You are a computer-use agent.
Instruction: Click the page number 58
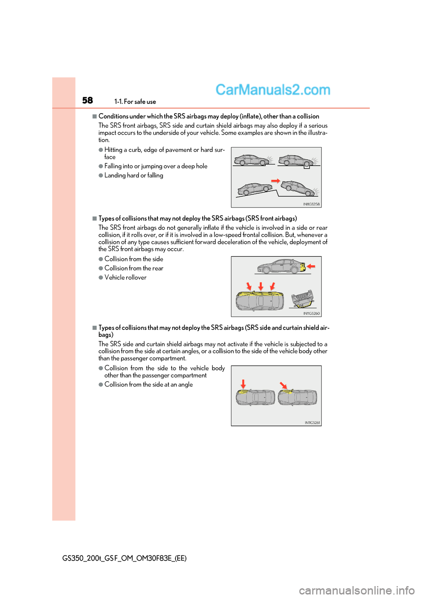(87, 100)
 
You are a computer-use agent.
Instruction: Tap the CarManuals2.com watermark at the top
(273, 90)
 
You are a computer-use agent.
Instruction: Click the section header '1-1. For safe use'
(135, 102)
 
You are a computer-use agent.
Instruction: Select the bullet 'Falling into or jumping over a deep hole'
(156, 166)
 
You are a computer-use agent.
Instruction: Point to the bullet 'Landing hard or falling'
(134, 175)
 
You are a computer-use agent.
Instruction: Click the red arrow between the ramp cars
(276, 181)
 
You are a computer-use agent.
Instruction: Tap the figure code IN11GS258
(311, 204)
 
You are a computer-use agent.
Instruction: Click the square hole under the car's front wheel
(307, 166)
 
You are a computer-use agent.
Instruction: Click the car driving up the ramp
(255, 188)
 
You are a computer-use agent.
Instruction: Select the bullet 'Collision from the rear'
(134, 268)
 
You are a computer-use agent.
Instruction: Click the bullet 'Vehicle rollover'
(125, 277)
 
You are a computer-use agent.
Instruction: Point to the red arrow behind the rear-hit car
(311, 266)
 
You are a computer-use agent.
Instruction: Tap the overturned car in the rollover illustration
(303, 299)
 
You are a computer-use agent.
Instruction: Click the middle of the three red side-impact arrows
(261, 286)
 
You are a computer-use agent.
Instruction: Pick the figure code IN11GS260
(311, 314)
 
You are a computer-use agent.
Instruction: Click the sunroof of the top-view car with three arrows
(261, 301)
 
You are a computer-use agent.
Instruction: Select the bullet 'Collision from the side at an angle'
(149, 384)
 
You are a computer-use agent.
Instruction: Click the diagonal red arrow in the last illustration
(284, 385)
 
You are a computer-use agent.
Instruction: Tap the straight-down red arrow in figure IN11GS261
(243, 384)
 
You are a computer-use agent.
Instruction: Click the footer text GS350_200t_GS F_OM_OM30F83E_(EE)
(124, 558)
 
